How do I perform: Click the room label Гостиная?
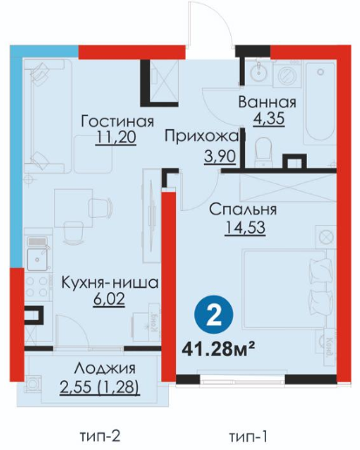(x=117, y=121)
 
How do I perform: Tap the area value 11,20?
(x=116, y=137)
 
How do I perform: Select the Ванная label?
(x=267, y=102)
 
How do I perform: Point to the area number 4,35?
(x=268, y=119)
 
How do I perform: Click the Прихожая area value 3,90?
(x=220, y=157)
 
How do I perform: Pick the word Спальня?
(x=243, y=209)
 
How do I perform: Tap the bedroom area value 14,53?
(x=245, y=228)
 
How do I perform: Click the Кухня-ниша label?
(x=110, y=283)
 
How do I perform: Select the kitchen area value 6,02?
(x=109, y=299)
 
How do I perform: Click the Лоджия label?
(x=105, y=369)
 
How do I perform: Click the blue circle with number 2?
(x=214, y=315)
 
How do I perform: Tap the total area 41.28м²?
(x=218, y=349)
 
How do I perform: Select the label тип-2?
(x=99, y=436)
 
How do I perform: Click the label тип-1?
(x=248, y=437)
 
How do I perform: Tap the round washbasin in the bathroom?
(x=258, y=72)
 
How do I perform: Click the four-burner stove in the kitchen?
(x=37, y=287)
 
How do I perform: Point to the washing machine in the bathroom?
(x=287, y=75)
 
